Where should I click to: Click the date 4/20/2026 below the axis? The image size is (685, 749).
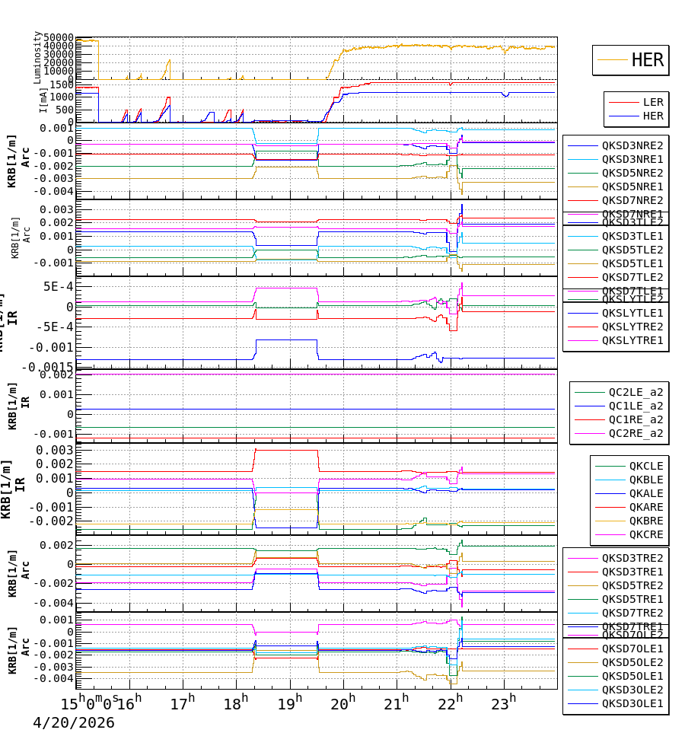point(73,723)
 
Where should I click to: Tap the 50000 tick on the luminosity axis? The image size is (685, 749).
point(58,37)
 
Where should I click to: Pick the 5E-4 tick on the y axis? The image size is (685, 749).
point(58,287)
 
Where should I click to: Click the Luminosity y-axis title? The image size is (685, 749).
point(37,57)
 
